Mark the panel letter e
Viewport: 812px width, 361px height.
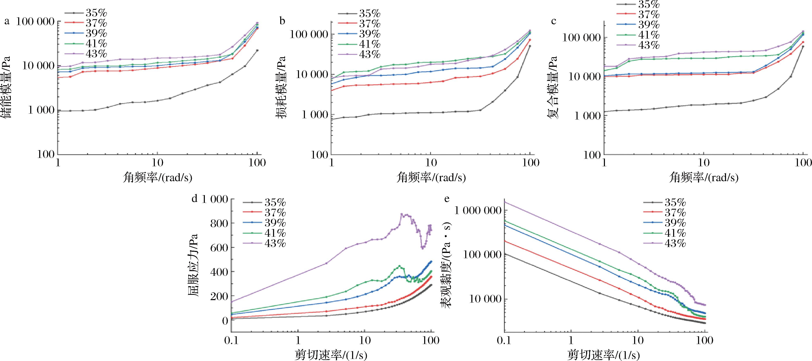(x=447, y=199)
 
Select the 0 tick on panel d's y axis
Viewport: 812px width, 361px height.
(x=224, y=321)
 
